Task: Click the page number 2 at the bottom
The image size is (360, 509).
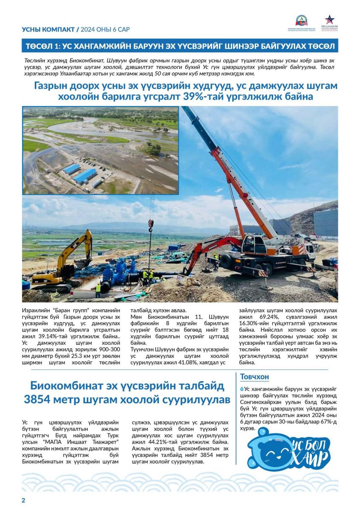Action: [24, 500]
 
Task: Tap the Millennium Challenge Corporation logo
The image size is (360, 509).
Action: [329, 23]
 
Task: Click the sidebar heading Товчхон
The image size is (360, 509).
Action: [254, 377]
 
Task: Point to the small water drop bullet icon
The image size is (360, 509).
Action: [242, 388]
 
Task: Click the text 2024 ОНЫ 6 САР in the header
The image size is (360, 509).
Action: [106, 29]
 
